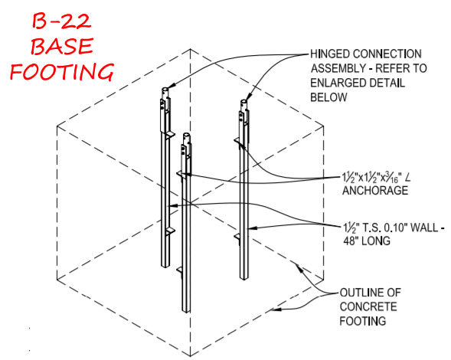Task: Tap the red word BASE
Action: pyautogui.click(x=62, y=46)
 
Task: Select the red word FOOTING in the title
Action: pyautogui.click(x=62, y=71)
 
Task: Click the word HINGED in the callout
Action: pyautogui.click(x=329, y=54)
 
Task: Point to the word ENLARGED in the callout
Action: pyautogui.click(x=337, y=83)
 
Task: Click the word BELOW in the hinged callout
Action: pyautogui.click(x=328, y=97)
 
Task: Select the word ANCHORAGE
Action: pyautogui.click(x=375, y=191)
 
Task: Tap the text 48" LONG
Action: pyautogui.click(x=367, y=241)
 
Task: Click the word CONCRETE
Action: pyautogui.click(x=368, y=306)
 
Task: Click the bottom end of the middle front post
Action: pyautogui.click(x=186, y=311)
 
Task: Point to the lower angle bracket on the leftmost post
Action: pyautogui.click(x=170, y=232)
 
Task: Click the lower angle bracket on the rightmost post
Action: pyautogui.click(x=237, y=238)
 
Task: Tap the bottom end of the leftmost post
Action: pyautogui.click(x=165, y=266)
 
